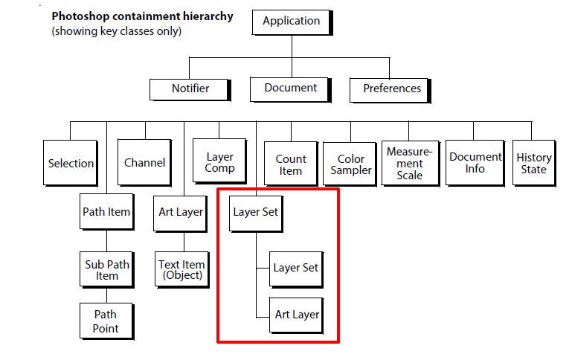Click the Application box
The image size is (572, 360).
291,21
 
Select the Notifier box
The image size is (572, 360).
190,89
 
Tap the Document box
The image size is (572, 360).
291,88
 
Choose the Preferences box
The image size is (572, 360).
392,89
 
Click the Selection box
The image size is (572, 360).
71,164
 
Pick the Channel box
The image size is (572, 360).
144,163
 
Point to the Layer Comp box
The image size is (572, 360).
219,163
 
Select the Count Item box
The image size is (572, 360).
291,164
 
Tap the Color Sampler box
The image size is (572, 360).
351,164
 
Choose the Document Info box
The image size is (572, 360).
475,163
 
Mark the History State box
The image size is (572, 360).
533,163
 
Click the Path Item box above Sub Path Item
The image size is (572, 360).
106,212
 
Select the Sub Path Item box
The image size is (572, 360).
106,270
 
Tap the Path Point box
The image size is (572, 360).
106,321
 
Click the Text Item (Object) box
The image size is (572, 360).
181,270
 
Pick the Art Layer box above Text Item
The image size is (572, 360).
181,212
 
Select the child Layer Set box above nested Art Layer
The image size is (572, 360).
295,268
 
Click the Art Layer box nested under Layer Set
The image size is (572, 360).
297,315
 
